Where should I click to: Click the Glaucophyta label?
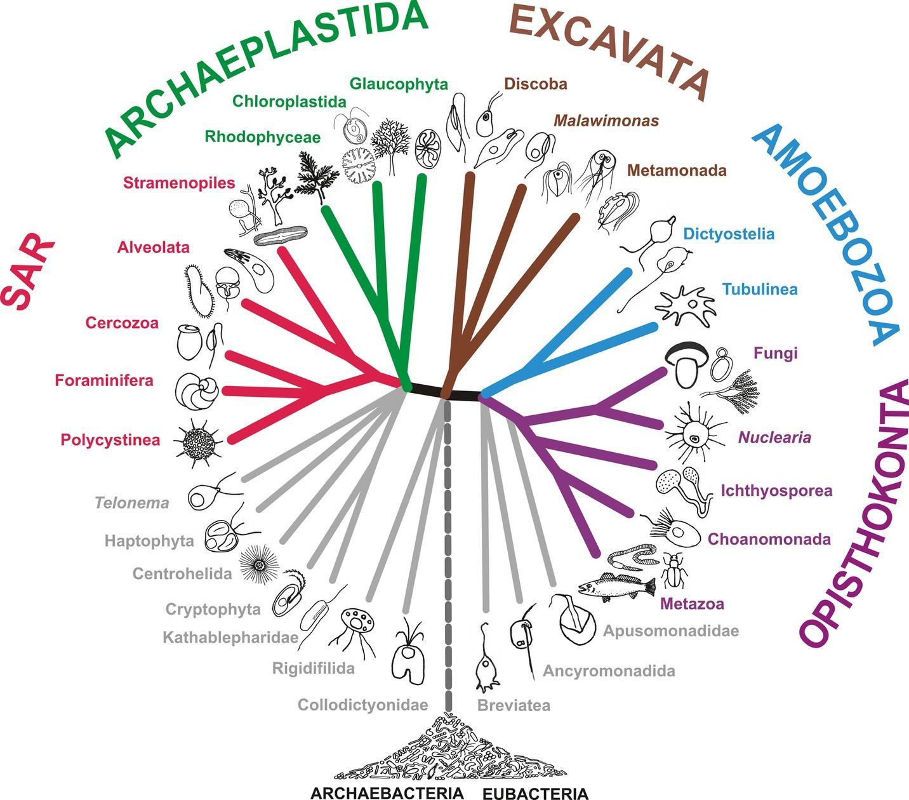click(399, 84)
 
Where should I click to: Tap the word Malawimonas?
click(606, 121)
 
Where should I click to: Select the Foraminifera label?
click(104, 380)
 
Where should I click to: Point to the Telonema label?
click(132, 503)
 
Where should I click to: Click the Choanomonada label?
click(769, 540)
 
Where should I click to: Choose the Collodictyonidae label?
click(362, 705)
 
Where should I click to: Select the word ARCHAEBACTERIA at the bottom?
click(387, 793)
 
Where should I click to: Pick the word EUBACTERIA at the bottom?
click(535, 793)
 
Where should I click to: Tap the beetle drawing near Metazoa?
click(672, 570)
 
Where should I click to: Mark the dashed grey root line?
click(449, 559)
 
